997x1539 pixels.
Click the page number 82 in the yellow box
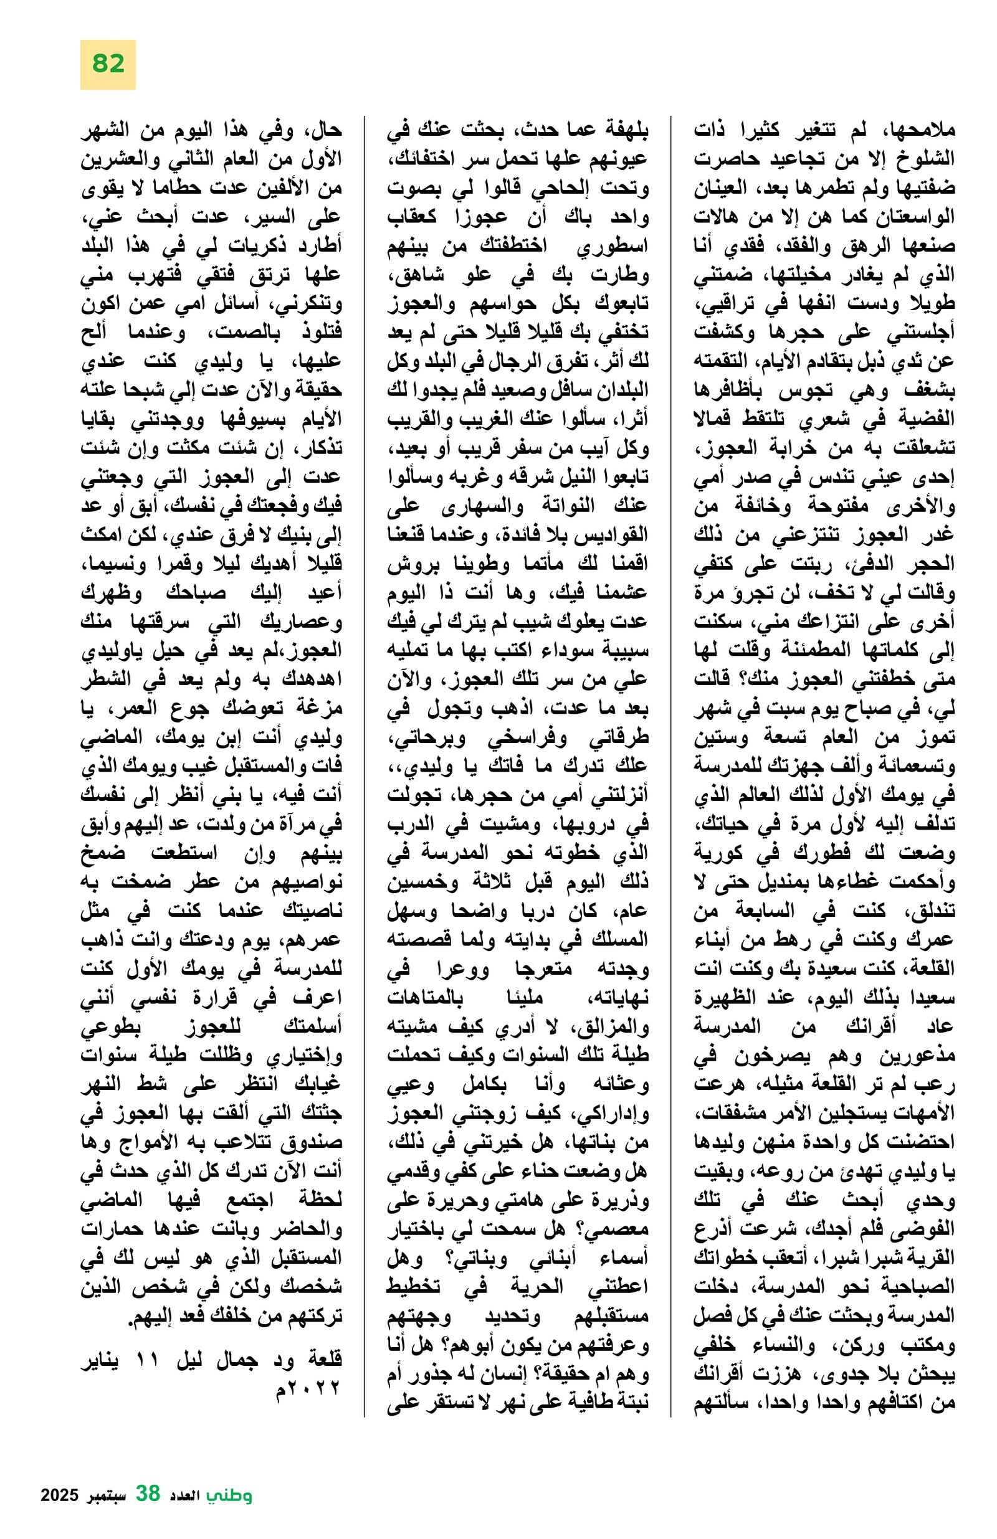(x=107, y=64)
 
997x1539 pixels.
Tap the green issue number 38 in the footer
(x=148, y=1494)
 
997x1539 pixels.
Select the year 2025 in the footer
(x=60, y=1495)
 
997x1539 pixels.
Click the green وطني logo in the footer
(x=229, y=1495)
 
